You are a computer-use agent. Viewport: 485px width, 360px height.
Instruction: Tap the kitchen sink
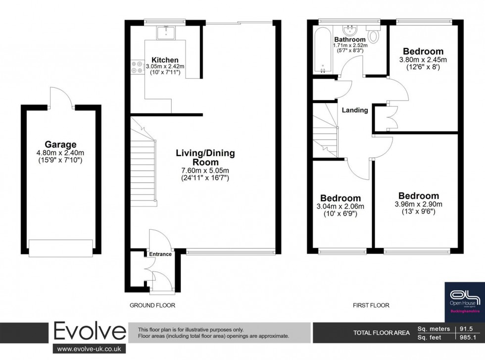click(x=165, y=32)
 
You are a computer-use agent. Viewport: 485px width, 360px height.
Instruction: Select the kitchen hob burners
click(x=136, y=68)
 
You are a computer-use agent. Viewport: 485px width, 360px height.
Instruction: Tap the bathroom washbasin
click(x=351, y=30)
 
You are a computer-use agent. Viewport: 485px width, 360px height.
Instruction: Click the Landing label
click(x=355, y=110)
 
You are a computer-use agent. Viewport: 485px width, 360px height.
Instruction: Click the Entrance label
click(x=160, y=254)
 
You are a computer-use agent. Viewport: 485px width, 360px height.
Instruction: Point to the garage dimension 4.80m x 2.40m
click(x=60, y=153)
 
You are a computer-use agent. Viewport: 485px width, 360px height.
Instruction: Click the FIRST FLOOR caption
click(x=371, y=306)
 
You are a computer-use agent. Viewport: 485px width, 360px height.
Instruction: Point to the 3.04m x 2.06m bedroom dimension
click(x=340, y=206)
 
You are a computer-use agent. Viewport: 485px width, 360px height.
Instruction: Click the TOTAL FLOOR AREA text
click(x=381, y=333)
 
